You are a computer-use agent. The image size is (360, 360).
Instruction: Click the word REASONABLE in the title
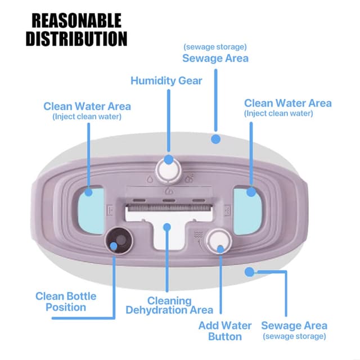[76, 21]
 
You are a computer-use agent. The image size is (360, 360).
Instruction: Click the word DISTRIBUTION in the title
[76, 39]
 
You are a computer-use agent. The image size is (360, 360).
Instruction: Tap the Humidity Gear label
[166, 80]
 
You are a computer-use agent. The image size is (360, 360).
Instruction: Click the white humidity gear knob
[167, 168]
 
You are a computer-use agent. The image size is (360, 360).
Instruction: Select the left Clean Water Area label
[87, 106]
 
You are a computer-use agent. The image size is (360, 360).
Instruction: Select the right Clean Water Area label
[287, 103]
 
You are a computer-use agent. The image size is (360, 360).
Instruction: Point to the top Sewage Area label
[215, 58]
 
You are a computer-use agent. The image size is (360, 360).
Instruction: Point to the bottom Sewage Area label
[294, 326]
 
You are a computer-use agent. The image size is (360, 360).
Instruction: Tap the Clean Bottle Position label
[66, 301]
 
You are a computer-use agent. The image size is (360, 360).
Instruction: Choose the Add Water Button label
[225, 331]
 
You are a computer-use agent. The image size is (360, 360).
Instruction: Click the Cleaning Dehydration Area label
[169, 305]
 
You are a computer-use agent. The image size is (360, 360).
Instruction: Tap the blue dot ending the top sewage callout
[215, 137]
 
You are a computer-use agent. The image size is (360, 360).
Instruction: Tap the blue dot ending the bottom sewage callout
[249, 272]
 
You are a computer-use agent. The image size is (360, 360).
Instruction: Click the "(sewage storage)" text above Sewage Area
[215, 47]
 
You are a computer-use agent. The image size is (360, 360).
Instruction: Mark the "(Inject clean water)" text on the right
[278, 113]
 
